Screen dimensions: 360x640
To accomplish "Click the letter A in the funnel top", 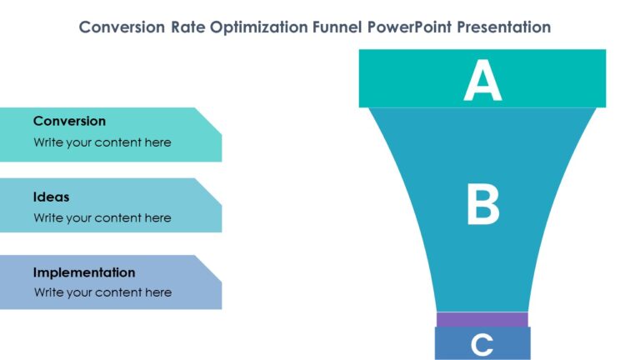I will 482,81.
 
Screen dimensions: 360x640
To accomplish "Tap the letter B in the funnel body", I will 482,206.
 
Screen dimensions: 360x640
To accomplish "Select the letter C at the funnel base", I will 482,343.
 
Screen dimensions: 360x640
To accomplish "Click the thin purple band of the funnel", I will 482,319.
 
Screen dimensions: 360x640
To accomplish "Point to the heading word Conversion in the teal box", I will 69,121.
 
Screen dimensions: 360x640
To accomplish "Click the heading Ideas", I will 51,197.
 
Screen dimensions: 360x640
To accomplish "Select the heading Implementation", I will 84,272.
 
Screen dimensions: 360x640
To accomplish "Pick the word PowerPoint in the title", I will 406,27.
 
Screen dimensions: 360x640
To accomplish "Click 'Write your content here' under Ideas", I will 102,217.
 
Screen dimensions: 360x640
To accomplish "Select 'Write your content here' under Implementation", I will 102,292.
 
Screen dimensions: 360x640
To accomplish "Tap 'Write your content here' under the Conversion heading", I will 102,142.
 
